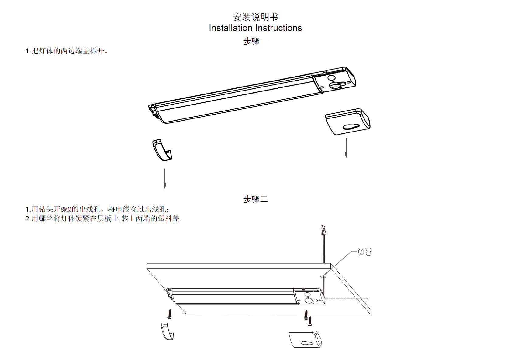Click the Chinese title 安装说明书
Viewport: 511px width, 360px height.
pos(255,17)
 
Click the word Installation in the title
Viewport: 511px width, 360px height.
pos(230,28)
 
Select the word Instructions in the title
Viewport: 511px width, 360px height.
pos(279,28)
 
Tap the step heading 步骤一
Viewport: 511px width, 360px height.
pos(255,41)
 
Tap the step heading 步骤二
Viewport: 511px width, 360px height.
pos(255,199)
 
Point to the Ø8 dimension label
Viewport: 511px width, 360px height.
pos(365,252)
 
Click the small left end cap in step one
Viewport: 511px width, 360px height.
pos(162,150)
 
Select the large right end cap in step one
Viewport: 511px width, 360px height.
pos(348,122)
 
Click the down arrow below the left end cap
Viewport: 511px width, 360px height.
pos(165,179)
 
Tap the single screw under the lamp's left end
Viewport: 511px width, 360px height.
pos(170,314)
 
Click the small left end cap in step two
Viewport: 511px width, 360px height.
pos(167,331)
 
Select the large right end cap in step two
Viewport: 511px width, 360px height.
pos(305,339)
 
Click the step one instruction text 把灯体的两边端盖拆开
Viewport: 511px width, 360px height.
pos(67,51)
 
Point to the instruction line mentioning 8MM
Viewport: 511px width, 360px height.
pos(97,209)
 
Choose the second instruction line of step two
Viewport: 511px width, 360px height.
pos(103,219)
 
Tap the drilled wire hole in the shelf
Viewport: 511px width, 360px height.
pos(323,277)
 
